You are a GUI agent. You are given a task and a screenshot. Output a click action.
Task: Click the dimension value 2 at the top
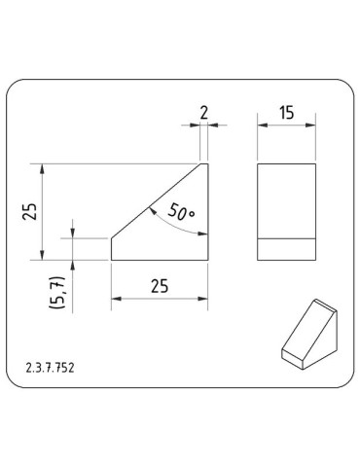click(203, 112)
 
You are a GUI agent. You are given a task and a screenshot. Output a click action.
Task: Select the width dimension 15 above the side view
click(286, 112)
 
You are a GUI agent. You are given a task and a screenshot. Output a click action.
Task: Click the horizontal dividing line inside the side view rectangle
click(286, 238)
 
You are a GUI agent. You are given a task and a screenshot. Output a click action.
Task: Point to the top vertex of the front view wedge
click(206, 163)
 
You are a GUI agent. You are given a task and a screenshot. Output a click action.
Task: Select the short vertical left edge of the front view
click(112, 248)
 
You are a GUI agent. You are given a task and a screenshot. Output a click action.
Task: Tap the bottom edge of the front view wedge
click(160, 261)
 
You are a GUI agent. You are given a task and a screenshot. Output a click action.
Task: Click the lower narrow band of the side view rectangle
click(286, 249)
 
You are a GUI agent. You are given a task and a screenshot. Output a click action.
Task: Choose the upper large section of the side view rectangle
click(286, 200)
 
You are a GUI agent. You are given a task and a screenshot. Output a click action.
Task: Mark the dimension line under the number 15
click(286, 125)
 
